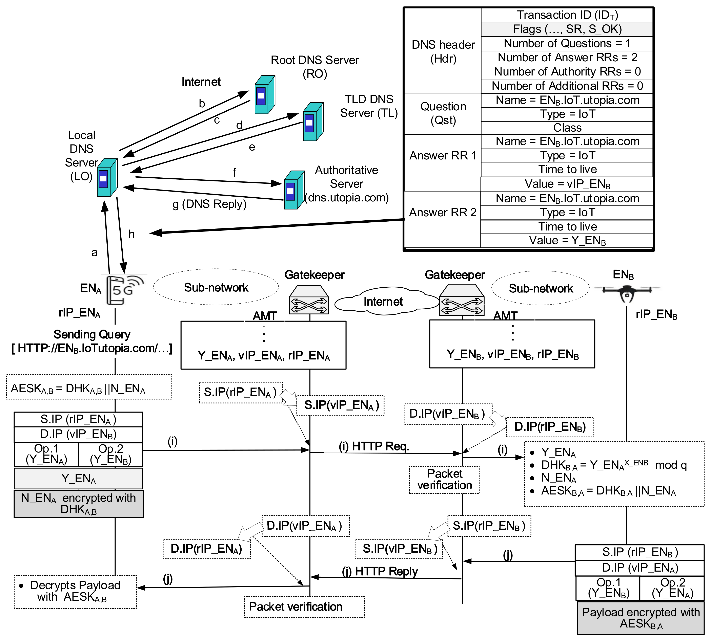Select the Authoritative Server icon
click(294, 190)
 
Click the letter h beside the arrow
click(131, 234)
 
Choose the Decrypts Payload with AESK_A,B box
click(75, 592)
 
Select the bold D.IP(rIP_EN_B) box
click(550, 427)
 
